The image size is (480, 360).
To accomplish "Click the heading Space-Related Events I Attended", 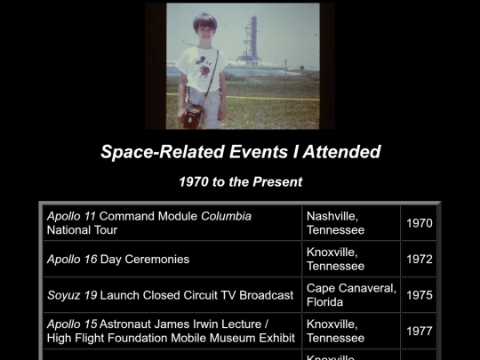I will (240, 152).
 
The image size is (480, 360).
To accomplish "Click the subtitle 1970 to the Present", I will (240, 182).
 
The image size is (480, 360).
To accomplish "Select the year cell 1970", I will (419, 223).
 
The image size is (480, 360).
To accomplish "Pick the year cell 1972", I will (419, 260).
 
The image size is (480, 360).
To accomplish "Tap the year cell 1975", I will (419, 295).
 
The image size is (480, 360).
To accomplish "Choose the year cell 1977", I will (419, 332).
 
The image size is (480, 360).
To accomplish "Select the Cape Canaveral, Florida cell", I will (350, 295).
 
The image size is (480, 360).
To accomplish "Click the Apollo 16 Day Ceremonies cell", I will (117, 260).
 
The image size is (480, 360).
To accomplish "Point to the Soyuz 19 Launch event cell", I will (169, 295).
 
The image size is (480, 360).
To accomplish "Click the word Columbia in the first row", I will (226, 216).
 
